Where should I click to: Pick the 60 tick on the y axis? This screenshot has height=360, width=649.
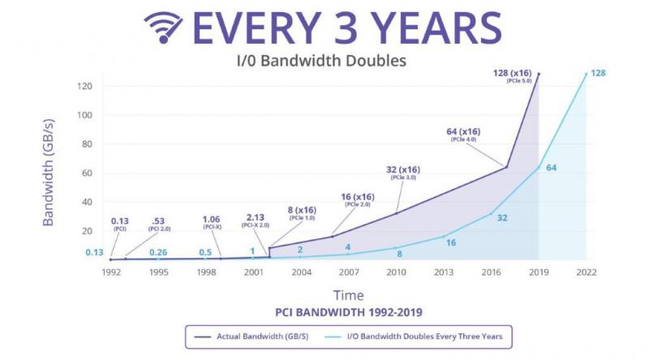(x=85, y=173)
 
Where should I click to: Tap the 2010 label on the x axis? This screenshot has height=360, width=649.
(x=395, y=272)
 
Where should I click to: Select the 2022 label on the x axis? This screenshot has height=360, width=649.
(x=586, y=272)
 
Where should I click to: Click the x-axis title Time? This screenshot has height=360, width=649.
(x=348, y=294)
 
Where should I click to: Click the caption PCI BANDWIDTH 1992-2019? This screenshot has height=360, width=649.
(x=348, y=311)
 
